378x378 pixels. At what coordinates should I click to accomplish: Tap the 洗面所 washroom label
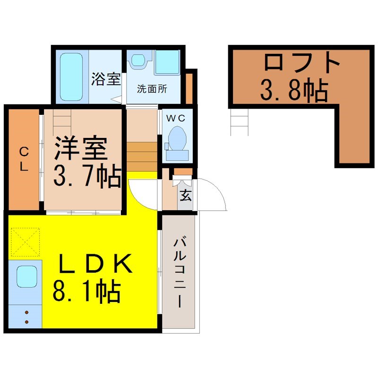pos(152,89)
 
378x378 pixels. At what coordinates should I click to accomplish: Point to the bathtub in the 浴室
pos(71,77)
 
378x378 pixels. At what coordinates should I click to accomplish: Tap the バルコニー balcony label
pos(180,273)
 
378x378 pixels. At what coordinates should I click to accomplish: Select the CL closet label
pos(24,159)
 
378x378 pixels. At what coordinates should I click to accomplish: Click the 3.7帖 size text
pos(87,175)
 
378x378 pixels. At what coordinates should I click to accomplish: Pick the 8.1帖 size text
pos(86,291)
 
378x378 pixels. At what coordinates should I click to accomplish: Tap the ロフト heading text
pos(302,62)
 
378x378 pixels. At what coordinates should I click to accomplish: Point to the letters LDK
pos(96,264)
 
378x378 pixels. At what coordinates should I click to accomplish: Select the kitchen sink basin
pos(27,277)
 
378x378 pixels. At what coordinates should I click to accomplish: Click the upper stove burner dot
pos(26,312)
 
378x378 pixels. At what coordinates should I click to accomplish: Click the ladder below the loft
pos(240,122)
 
